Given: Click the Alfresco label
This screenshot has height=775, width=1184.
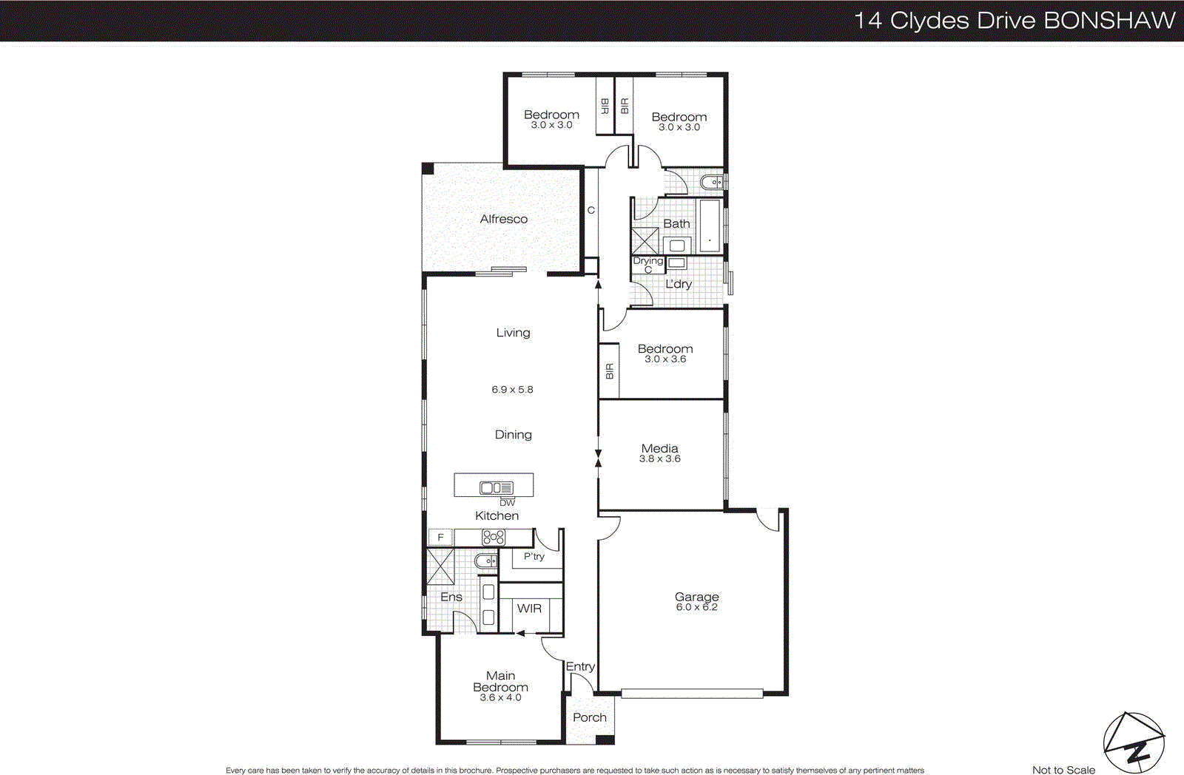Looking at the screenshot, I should [x=503, y=219].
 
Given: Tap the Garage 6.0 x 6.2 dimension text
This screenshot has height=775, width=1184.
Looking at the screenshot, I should [x=696, y=607].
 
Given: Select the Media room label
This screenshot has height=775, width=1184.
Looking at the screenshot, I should [x=659, y=448].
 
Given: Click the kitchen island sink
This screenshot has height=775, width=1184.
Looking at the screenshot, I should [x=491, y=487].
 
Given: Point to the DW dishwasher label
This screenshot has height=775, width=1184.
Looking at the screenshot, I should [x=507, y=503].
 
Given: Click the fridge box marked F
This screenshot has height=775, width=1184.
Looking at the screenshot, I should [x=440, y=538].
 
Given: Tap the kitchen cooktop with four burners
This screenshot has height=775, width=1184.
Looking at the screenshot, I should [x=494, y=538].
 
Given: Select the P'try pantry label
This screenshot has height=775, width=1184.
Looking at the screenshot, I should [x=534, y=556].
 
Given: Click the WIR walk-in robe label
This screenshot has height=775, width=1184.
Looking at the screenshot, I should [x=529, y=608].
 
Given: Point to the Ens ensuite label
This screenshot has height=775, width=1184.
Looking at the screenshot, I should [x=451, y=597].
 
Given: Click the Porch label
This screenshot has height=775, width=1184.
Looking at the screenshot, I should [x=589, y=717].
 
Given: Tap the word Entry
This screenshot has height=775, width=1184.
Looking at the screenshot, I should [x=580, y=666].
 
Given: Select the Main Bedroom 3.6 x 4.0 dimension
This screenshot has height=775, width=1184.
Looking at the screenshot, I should [x=500, y=697].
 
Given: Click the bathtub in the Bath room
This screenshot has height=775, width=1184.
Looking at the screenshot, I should [x=710, y=226].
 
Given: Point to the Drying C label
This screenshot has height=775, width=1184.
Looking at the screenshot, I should [x=647, y=265].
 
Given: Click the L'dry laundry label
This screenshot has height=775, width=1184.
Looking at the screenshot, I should [x=679, y=284].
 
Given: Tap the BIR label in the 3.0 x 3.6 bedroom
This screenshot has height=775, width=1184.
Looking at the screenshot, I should [x=609, y=371].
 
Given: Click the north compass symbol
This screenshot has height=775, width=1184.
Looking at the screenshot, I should [x=1134, y=743].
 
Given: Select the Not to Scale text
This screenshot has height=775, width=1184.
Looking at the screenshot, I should [x=1063, y=770].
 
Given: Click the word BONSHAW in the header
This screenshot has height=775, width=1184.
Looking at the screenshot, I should [x=1109, y=20].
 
